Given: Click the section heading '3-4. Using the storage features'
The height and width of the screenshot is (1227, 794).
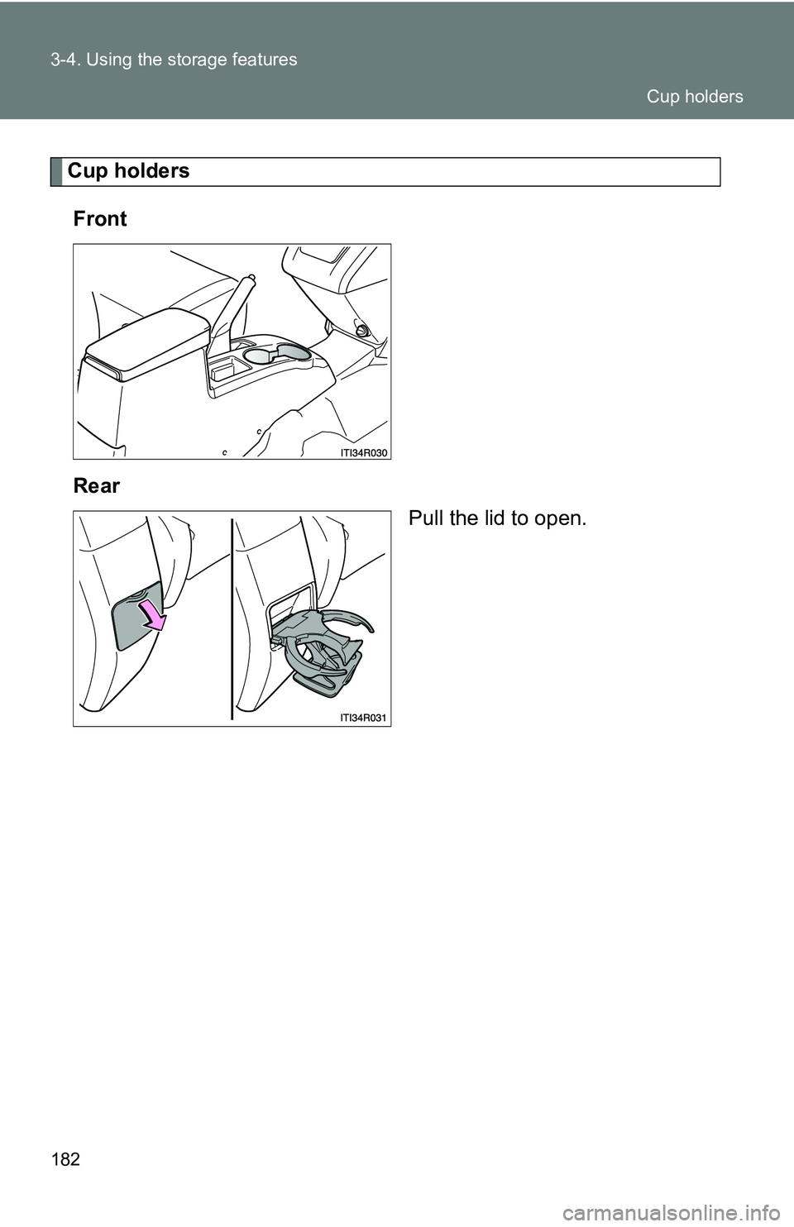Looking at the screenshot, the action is (x=174, y=60).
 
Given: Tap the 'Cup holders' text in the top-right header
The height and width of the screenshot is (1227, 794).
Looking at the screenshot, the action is (x=694, y=97).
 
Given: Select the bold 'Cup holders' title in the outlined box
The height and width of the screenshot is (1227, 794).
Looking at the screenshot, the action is (x=128, y=171).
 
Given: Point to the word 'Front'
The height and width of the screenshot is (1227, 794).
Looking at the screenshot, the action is (x=100, y=218).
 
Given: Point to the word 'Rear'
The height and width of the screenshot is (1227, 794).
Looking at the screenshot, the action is (x=97, y=486).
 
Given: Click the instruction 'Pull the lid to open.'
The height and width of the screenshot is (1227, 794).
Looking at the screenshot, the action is (x=497, y=518).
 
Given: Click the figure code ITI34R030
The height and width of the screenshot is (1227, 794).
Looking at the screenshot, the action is (x=363, y=453).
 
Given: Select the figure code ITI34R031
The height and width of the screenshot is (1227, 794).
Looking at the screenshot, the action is (x=363, y=718).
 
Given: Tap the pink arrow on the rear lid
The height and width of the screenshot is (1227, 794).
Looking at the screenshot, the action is (x=154, y=615).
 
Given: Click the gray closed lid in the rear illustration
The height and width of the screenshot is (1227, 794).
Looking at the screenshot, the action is (x=138, y=616).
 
